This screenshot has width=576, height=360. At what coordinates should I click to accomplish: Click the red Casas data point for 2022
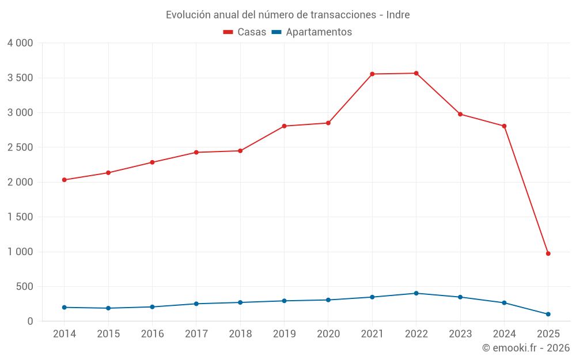[x=416, y=73]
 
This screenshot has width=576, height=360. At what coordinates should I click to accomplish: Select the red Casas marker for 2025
[x=548, y=253]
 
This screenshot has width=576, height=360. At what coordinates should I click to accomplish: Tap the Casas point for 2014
[x=64, y=180]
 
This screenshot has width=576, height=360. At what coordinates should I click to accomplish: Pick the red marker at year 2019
[x=284, y=126]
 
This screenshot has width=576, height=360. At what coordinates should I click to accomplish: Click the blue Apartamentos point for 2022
[x=416, y=293]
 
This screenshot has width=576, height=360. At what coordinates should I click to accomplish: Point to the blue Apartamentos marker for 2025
[x=548, y=314]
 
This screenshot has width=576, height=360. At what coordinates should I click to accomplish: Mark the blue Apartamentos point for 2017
[x=196, y=304]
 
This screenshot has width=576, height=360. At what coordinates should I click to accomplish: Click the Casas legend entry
[x=245, y=32]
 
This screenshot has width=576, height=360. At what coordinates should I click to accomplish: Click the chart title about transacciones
[x=287, y=15]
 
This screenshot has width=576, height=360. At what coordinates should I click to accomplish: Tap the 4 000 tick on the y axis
[x=20, y=43]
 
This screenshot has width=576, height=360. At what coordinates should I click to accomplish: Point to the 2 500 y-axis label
[x=20, y=147]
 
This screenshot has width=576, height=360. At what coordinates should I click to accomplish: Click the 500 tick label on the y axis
[x=25, y=286]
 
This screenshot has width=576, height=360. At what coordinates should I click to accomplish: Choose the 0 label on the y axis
[x=30, y=321]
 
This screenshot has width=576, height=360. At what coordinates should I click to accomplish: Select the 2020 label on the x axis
[x=328, y=334]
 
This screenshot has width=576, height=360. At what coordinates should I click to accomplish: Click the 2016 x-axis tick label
[x=152, y=334]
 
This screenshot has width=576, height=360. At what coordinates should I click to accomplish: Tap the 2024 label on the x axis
[x=504, y=334]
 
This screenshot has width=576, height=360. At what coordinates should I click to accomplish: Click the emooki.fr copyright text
[x=525, y=348]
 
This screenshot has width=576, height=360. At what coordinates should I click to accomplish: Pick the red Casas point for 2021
[x=372, y=74]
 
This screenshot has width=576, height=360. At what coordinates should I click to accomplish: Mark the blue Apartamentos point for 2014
[x=64, y=307]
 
